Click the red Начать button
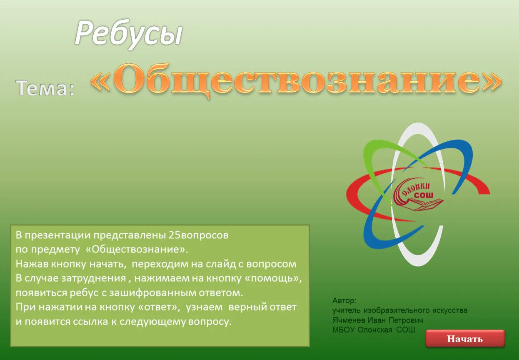[x=465, y=339]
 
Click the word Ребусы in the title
[x=129, y=34]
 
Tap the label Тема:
[x=45, y=87]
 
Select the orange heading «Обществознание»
[x=296, y=80]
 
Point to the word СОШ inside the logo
[x=424, y=195]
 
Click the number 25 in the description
[x=174, y=235]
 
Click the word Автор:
[x=344, y=301]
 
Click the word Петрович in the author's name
[x=406, y=320]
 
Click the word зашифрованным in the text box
[x=152, y=293]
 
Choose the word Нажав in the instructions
[x=32, y=264]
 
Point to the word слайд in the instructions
[x=221, y=264]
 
